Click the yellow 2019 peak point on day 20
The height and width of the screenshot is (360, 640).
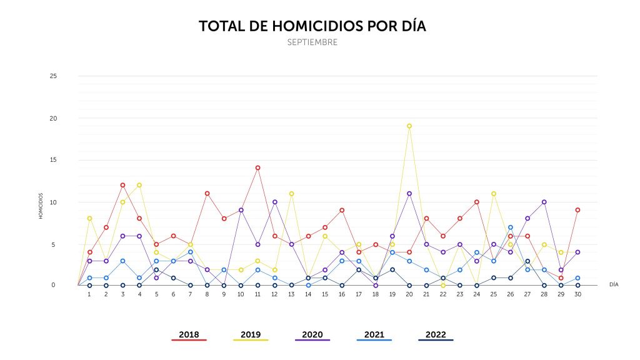point(409,126)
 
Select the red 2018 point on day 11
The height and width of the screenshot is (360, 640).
point(257,168)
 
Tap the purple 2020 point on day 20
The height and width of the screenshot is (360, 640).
point(409,194)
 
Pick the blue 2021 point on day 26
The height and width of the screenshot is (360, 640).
point(511,227)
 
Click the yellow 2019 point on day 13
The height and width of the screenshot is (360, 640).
point(291,194)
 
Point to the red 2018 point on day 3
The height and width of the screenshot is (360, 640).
point(123,185)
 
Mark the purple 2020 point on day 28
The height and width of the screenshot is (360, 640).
point(544,202)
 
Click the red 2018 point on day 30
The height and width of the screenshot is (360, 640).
point(578,210)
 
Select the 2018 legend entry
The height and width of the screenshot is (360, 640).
point(189,335)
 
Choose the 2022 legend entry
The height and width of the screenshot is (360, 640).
point(436,335)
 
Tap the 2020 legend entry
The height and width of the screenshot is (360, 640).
point(312,335)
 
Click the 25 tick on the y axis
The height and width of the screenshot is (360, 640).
point(53,76)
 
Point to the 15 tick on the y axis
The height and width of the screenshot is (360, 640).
point(53,160)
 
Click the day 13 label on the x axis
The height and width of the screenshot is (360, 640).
point(291,294)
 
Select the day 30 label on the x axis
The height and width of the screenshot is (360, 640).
point(578,294)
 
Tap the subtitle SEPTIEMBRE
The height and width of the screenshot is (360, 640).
point(312,42)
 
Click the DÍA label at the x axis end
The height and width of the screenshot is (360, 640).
point(614,284)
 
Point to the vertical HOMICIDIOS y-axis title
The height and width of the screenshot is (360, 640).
point(41,206)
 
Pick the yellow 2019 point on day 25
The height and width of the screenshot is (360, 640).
point(494,194)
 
